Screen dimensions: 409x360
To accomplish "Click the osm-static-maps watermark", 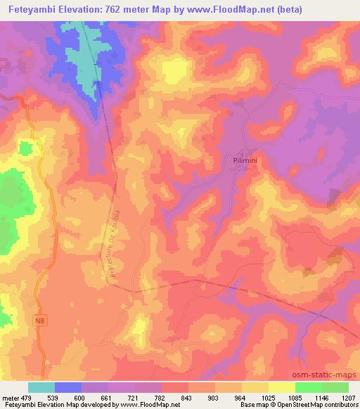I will pyautogui.click(x=327, y=377).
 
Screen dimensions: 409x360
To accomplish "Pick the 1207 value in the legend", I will pyautogui.click(x=349, y=398).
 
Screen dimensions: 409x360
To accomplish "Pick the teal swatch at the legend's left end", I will pyautogui.click(x=41, y=387).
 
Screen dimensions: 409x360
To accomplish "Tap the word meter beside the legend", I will pyautogui.click(x=11, y=398).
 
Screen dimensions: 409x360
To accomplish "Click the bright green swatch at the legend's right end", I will pyautogui.click(x=335, y=387).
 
